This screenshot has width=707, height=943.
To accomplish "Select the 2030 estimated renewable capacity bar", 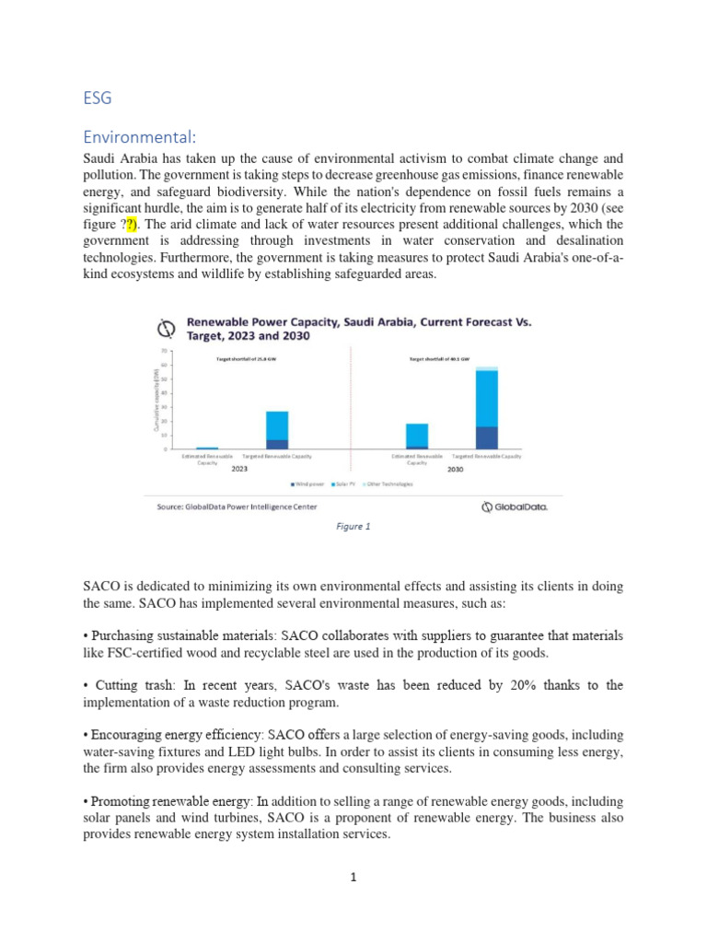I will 417,436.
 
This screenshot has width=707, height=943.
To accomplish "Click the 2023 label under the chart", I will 239,469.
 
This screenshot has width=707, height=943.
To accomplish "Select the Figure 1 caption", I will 353,527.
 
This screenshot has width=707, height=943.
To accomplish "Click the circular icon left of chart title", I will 167,329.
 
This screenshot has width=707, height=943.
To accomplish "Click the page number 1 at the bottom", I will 353,878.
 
